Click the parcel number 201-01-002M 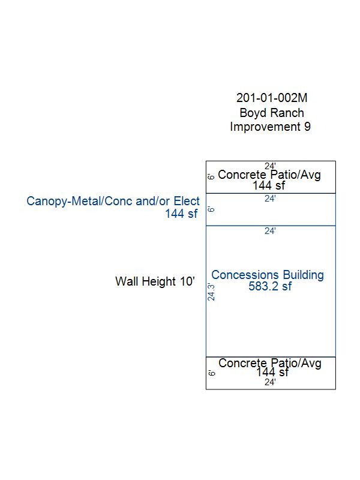pos(272,98)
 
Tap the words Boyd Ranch pos(272,113)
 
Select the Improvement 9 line pos(271,127)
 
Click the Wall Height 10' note pos(155,281)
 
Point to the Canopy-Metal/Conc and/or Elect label pos(113,201)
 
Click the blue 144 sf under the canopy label pos(181,214)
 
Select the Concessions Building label pos(268,275)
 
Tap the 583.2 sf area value pos(270,286)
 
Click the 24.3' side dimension pos(211,292)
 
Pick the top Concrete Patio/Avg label pos(269,175)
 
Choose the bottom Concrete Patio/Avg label pos(270,363)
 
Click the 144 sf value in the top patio pos(269,185)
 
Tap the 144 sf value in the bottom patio pos(272,372)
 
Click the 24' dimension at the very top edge pos(270,166)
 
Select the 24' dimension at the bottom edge pos(270,382)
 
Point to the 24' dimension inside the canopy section pos(270,199)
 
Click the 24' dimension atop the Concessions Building pos(270,231)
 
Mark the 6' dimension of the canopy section pos(211,209)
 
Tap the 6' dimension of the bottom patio pos(212,373)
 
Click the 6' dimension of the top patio pos(211,176)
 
